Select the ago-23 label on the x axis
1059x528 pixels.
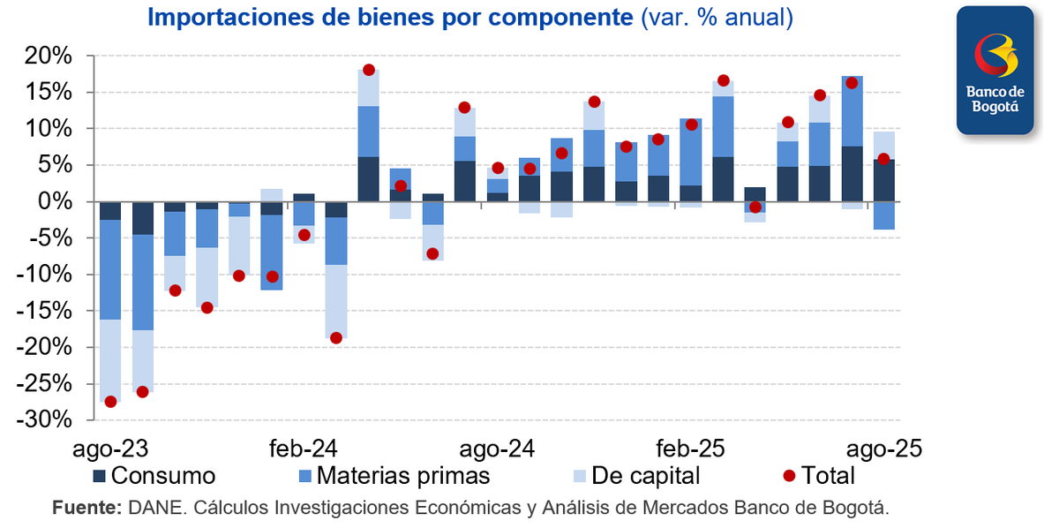pyautogui.click(x=109, y=449)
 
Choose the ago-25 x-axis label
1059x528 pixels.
pyautogui.click(x=887, y=449)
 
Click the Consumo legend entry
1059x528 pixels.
pyautogui.click(x=154, y=477)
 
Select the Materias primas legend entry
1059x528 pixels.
pyautogui.click(x=392, y=477)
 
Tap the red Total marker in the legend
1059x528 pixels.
pyautogui.click(x=790, y=477)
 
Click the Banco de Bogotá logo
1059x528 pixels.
pyautogui.click(x=995, y=71)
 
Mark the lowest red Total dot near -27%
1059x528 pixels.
pyautogui.click(x=110, y=402)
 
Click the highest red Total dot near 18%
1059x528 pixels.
pyautogui.click(x=369, y=70)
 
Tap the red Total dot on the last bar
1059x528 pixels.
pyautogui.click(x=883, y=159)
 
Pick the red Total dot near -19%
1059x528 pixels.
pyautogui.click(x=336, y=337)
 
